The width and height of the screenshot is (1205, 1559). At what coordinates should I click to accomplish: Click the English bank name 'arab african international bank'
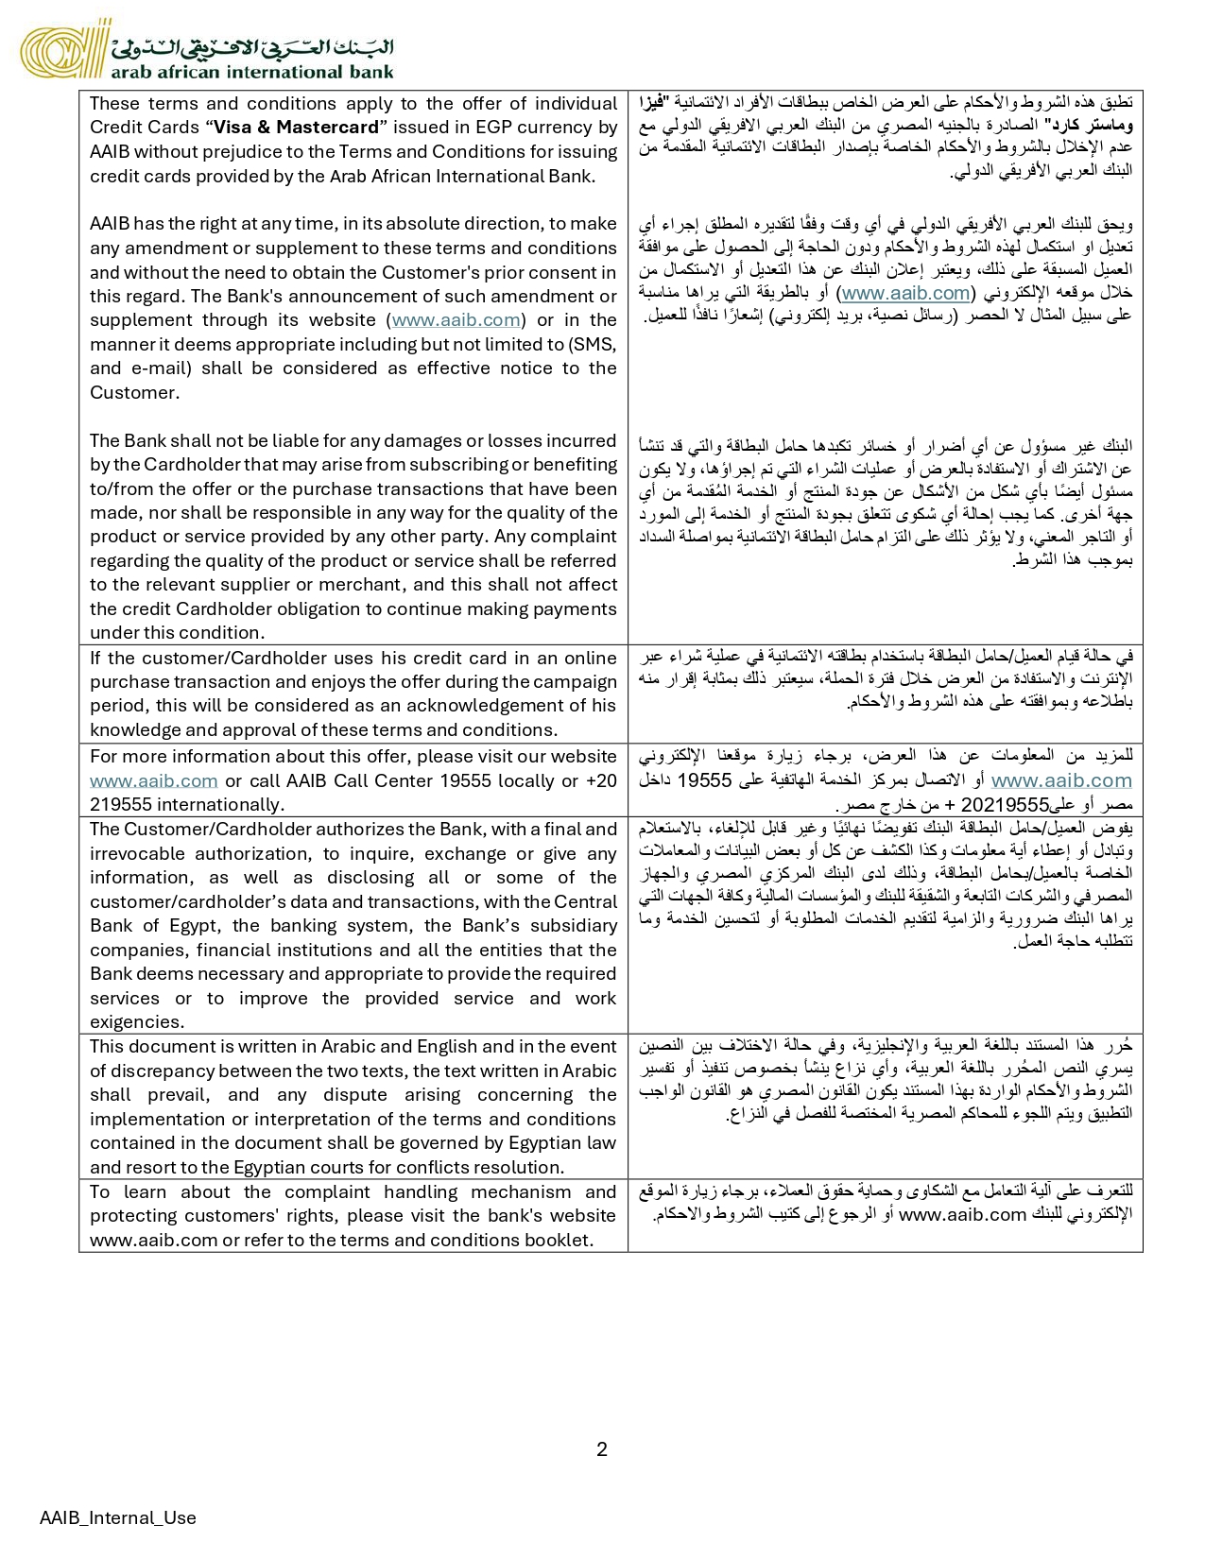coord(252,71)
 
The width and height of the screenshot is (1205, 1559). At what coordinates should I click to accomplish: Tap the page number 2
coord(602,1448)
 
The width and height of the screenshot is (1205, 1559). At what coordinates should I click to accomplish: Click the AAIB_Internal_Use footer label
coord(118,1517)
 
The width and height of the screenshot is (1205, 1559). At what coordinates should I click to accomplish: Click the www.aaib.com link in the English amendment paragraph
coord(456,320)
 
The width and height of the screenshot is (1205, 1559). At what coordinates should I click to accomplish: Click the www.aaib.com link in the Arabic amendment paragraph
coord(905,293)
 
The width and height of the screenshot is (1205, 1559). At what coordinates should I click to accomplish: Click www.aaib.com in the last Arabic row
coord(962,1214)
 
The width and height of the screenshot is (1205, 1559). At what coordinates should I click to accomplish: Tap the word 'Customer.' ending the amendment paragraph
coord(133,392)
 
